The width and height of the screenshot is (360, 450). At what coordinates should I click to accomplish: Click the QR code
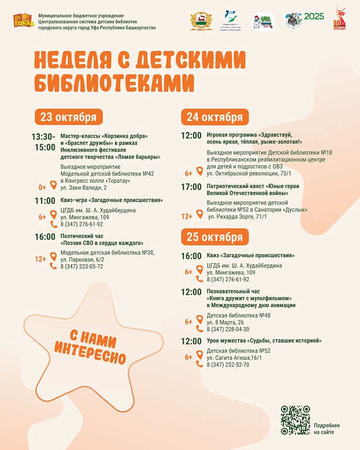(x=295, y=420)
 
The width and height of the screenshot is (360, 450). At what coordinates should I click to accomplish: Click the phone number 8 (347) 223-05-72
(x=81, y=266)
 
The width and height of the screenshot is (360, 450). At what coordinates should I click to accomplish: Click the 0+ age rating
(x=42, y=187)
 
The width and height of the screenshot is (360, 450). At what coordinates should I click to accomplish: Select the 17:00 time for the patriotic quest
(x=191, y=187)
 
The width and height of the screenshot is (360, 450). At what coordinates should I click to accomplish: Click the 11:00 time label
(x=45, y=200)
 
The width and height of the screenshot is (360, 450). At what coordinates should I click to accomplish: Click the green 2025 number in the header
(x=314, y=16)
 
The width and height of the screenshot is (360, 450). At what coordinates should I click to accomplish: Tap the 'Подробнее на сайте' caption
(x=327, y=428)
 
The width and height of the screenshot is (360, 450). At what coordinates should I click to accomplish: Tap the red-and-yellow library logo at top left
(x=24, y=22)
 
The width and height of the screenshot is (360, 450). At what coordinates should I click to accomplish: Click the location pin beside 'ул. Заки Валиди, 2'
(x=53, y=186)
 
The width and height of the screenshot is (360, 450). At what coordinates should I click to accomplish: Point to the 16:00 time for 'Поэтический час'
(x=45, y=237)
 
